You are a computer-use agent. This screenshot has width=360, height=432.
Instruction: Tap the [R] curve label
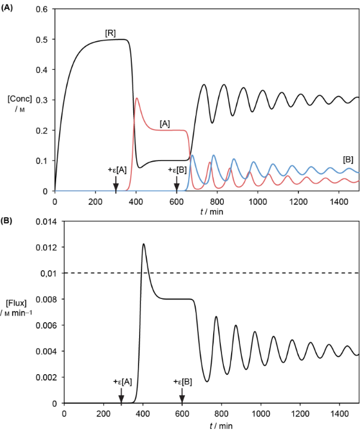[110, 33]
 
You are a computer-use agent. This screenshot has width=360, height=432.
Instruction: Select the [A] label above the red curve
[165, 123]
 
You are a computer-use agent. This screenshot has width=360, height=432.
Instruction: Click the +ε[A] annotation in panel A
[117, 170]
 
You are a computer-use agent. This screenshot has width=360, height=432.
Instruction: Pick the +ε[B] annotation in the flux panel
[182, 381]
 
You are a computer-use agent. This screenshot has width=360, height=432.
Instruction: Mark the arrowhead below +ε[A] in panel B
[121, 399]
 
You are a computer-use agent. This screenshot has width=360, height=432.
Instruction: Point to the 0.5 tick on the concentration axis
[42, 39]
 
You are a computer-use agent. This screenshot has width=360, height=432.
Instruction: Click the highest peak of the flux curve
[143, 244]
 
